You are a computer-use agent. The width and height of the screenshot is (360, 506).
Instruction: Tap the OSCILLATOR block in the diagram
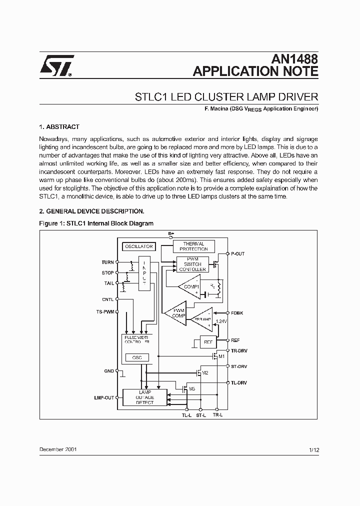coord(138,246)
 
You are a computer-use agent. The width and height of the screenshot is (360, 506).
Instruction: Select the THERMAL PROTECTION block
coord(193,246)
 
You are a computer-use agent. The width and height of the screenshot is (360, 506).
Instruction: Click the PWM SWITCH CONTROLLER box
coord(191,264)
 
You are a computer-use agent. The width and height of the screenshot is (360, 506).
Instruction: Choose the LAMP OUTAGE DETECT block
coord(145,397)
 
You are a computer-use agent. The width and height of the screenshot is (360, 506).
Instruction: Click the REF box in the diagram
coord(207,342)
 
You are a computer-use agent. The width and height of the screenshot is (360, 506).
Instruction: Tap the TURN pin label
coord(107,262)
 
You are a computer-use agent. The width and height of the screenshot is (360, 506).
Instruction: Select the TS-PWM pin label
coord(105,311)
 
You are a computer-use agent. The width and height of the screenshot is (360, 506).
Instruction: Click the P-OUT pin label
coord(237,254)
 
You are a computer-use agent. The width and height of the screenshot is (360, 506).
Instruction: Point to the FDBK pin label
coord(237,313)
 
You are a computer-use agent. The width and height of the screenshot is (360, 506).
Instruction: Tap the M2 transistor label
coord(205,373)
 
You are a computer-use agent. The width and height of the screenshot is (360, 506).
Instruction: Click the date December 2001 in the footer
coord(58,449)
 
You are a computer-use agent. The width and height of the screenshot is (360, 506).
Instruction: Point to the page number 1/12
coord(314,450)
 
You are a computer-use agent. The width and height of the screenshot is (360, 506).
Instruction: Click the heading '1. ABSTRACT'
coord(59,127)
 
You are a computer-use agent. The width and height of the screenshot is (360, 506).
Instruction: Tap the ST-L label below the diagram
coord(200,415)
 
